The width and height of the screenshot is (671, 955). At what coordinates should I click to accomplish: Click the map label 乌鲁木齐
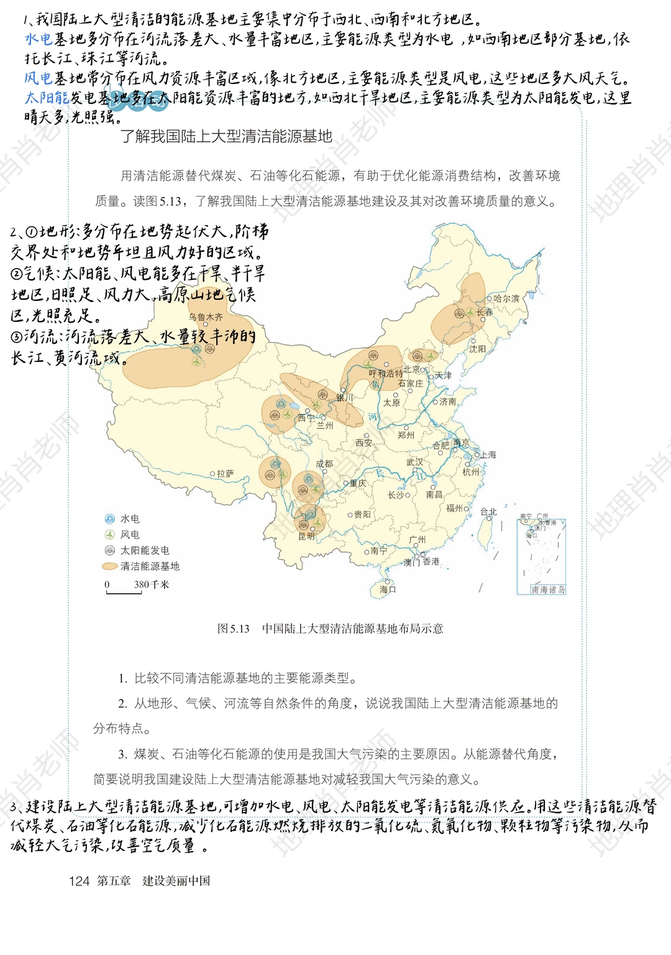tap(206, 317)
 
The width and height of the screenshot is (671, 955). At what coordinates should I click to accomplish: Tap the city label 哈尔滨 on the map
tap(506, 298)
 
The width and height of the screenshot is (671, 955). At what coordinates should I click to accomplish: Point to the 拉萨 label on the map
tap(225, 474)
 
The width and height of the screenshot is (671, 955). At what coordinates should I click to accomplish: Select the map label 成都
tap(324, 464)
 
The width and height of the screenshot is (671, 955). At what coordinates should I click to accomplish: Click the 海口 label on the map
tap(388, 589)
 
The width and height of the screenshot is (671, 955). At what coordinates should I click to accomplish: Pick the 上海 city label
tap(488, 455)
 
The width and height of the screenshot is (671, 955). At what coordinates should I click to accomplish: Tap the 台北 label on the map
tap(488, 512)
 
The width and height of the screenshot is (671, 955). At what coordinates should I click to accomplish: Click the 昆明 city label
tap(306, 536)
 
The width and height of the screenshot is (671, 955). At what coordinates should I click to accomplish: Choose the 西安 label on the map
tap(363, 443)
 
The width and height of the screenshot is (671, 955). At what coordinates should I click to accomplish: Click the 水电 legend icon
tap(110, 519)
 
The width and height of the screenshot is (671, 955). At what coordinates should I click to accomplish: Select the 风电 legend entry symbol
tap(110, 535)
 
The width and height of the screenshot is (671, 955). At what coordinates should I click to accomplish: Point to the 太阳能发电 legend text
tap(145, 550)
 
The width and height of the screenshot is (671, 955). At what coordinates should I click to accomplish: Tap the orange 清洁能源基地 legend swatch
tap(109, 566)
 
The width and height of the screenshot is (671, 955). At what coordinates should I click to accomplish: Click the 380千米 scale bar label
tap(151, 584)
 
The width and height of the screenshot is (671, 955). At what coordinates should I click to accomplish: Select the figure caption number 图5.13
tap(233, 629)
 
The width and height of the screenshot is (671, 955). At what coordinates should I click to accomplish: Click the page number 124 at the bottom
tap(79, 881)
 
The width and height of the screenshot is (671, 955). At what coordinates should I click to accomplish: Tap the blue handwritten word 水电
tap(38, 39)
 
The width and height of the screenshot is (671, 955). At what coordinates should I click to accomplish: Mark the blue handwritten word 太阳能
tap(47, 98)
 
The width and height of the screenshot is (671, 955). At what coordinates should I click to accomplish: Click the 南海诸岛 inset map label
tap(548, 589)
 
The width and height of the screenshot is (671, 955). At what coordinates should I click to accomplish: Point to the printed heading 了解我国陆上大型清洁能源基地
tap(226, 136)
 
